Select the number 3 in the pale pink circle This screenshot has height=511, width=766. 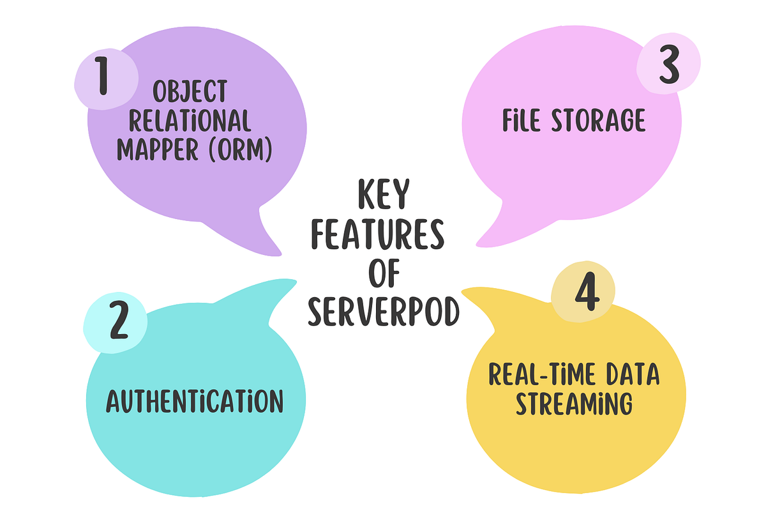[668, 67]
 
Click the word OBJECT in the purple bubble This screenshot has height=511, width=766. [190, 93]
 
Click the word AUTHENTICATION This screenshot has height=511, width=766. [194, 402]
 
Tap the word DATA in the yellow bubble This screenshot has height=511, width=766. [631, 376]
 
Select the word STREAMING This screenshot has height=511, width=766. [574, 404]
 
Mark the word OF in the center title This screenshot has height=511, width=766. [383, 275]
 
